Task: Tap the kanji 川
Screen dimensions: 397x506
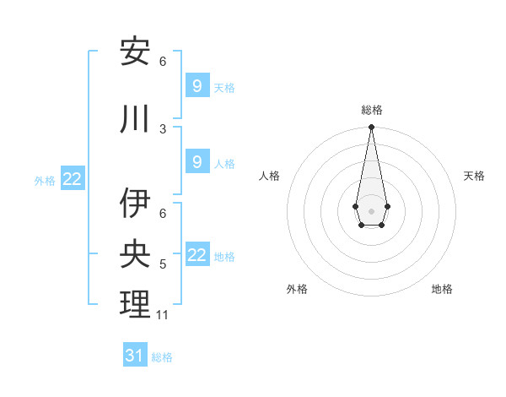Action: (135, 120)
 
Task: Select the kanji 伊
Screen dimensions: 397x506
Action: (135, 204)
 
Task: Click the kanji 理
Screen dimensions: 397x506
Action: (135, 304)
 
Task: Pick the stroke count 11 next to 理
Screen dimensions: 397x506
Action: (163, 315)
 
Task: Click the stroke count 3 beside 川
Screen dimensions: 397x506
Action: (163, 128)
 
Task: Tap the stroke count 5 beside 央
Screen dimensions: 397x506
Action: (163, 264)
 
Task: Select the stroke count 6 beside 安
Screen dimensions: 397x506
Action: (163, 62)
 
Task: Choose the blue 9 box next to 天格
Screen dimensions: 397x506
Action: (196, 86)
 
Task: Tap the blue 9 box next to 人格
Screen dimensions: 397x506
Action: (196, 162)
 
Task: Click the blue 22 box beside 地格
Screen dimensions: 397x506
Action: (196, 255)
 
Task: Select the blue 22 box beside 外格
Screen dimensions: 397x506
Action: (73, 179)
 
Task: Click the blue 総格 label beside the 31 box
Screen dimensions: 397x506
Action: (162, 357)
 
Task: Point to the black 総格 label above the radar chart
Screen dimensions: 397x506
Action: (371, 110)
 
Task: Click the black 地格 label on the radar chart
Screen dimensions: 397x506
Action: (442, 289)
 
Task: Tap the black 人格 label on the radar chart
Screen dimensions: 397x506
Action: (269, 176)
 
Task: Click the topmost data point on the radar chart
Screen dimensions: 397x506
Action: (371, 128)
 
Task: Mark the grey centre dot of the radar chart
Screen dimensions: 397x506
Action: (371, 209)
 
